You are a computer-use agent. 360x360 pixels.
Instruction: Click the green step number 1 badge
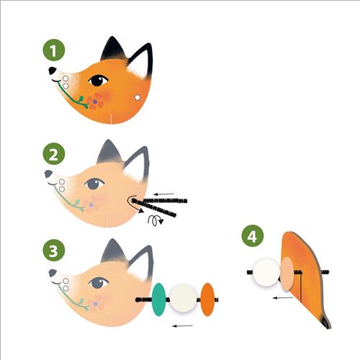pyautogui.click(x=54, y=50)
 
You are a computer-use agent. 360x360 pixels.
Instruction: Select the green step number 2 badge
pyautogui.click(x=54, y=153)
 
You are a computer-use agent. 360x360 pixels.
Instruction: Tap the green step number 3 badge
pyautogui.click(x=54, y=251)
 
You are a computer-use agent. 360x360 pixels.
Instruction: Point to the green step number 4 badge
pyautogui.click(x=253, y=235)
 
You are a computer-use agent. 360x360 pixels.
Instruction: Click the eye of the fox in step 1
pyautogui.click(x=98, y=81)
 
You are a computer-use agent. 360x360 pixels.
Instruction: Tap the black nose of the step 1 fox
pyautogui.click(x=52, y=71)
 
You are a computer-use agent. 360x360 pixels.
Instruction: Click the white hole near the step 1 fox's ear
pyautogui.click(x=138, y=97)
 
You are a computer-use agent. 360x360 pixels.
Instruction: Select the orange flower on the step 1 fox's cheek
pyautogui.click(x=95, y=102)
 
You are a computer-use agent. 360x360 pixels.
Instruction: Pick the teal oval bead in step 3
pyautogui.click(x=159, y=300)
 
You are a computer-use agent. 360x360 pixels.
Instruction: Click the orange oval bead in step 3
pyautogui.click(x=207, y=300)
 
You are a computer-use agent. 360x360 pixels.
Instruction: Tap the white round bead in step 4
pyautogui.click(x=266, y=272)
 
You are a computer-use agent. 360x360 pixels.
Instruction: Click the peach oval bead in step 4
pyautogui.click(x=287, y=274)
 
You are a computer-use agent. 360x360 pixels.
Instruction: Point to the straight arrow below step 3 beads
pyautogui.click(x=183, y=326)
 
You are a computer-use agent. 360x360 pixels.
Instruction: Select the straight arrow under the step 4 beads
pyautogui.click(x=283, y=298)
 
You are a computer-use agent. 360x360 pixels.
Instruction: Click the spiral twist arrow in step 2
pyautogui.click(x=156, y=220)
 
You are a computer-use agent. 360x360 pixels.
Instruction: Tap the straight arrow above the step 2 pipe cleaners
pyautogui.click(x=163, y=194)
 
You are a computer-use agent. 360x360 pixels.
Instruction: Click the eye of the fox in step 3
pyautogui.click(x=99, y=283)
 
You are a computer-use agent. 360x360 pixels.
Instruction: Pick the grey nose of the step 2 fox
pyautogui.click(x=48, y=174)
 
